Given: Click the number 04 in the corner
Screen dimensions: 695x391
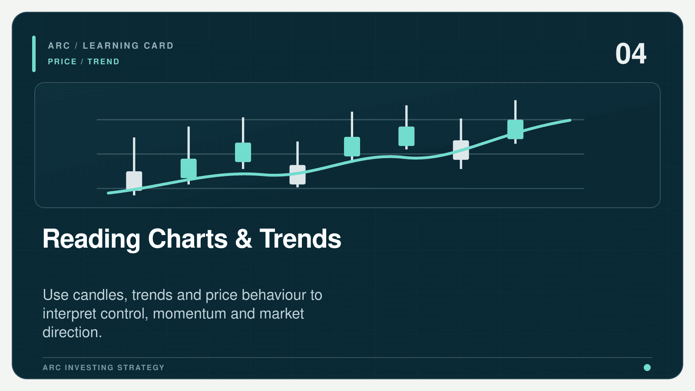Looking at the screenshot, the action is [x=631, y=54].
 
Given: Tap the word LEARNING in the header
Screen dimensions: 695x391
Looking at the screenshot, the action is [x=111, y=46].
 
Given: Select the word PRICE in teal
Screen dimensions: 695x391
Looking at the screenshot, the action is [x=63, y=61].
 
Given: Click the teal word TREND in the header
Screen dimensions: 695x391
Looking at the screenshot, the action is [x=103, y=61].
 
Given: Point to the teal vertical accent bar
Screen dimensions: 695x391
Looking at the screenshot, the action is [x=34, y=54].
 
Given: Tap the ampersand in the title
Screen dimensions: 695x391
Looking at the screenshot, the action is [x=244, y=239].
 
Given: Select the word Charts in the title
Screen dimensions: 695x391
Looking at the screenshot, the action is [x=188, y=239].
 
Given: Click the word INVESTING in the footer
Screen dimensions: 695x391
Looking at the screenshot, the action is [x=89, y=368].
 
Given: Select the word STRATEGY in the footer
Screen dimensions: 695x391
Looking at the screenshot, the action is [x=141, y=368].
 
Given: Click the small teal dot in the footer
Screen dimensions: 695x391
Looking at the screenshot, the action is [x=647, y=368].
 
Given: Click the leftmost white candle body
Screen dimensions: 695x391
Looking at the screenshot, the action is [x=134, y=181].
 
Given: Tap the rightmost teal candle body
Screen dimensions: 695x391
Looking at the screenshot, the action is [x=515, y=129].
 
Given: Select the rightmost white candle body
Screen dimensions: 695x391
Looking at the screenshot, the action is [x=461, y=150].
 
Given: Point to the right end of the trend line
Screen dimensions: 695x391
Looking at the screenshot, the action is [x=570, y=120].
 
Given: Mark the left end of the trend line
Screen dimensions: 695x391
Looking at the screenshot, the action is [x=108, y=193].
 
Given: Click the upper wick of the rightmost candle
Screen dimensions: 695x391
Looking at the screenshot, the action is [x=515, y=110].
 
